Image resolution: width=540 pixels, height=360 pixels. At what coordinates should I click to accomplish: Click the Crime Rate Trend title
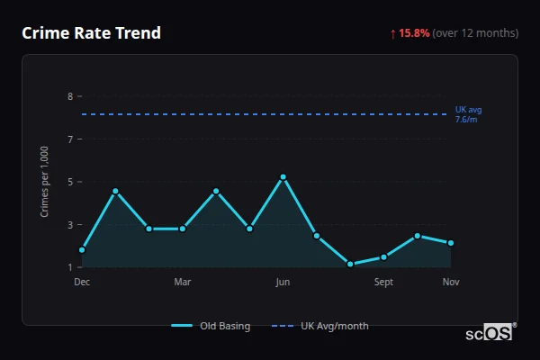[x=92, y=33]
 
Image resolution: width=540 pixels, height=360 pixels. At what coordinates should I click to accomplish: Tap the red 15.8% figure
[x=415, y=33]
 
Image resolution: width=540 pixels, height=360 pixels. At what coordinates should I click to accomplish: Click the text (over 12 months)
[x=475, y=33]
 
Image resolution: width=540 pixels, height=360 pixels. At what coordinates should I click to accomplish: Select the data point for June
[x=283, y=177]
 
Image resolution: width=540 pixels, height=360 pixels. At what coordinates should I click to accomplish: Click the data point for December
[x=82, y=249]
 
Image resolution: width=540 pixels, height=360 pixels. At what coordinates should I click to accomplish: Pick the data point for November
[x=451, y=243]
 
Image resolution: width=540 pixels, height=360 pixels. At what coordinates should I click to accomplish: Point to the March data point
[x=183, y=229]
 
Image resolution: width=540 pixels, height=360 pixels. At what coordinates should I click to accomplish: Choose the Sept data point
[x=383, y=257]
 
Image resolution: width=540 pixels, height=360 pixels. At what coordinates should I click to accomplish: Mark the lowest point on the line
[x=350, y=265]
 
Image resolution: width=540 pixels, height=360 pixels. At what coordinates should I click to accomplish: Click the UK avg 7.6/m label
[x=468, y=114]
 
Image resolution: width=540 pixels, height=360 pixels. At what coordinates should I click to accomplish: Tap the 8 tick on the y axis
[x=70, y=96]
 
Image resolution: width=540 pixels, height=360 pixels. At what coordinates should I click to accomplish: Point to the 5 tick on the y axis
[x=70, y=182]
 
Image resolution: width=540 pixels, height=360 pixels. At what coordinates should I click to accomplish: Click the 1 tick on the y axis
[x=70, y=267]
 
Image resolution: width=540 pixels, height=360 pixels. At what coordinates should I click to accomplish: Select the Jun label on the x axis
[x=283, y=283]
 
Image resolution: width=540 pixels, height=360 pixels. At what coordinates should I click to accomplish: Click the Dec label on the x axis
[x=82, y=283]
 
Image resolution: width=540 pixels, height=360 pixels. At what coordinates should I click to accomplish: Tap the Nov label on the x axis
[x=451, y=283]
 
